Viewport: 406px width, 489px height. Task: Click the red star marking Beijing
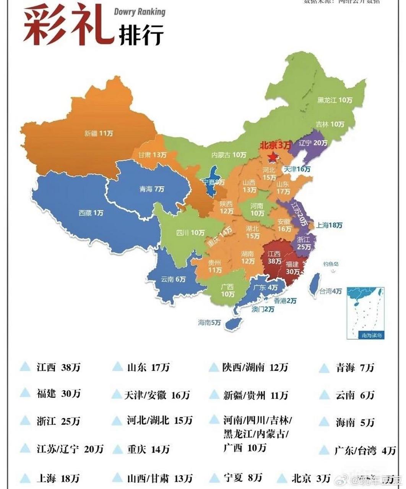pos(273,157)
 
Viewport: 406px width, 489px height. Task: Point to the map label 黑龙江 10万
pos(335,100)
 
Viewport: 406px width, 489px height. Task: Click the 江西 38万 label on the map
pos(274,257)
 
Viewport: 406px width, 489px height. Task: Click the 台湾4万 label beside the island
pos(330,291)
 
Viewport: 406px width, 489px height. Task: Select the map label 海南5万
pos(209,322)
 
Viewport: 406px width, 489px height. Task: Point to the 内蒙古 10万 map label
pos(229,155)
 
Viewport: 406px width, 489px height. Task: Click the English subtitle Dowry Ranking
pos(140,12)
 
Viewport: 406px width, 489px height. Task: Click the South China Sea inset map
pos(365,313)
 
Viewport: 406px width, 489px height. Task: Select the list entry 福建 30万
pos(58,393)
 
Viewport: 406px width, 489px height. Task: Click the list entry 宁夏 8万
pos(242,477)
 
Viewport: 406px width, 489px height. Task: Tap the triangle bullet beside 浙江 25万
pos(25,421)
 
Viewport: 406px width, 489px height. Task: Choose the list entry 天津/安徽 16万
pos(157,395)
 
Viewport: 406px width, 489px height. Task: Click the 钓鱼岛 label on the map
pos(331,264)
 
